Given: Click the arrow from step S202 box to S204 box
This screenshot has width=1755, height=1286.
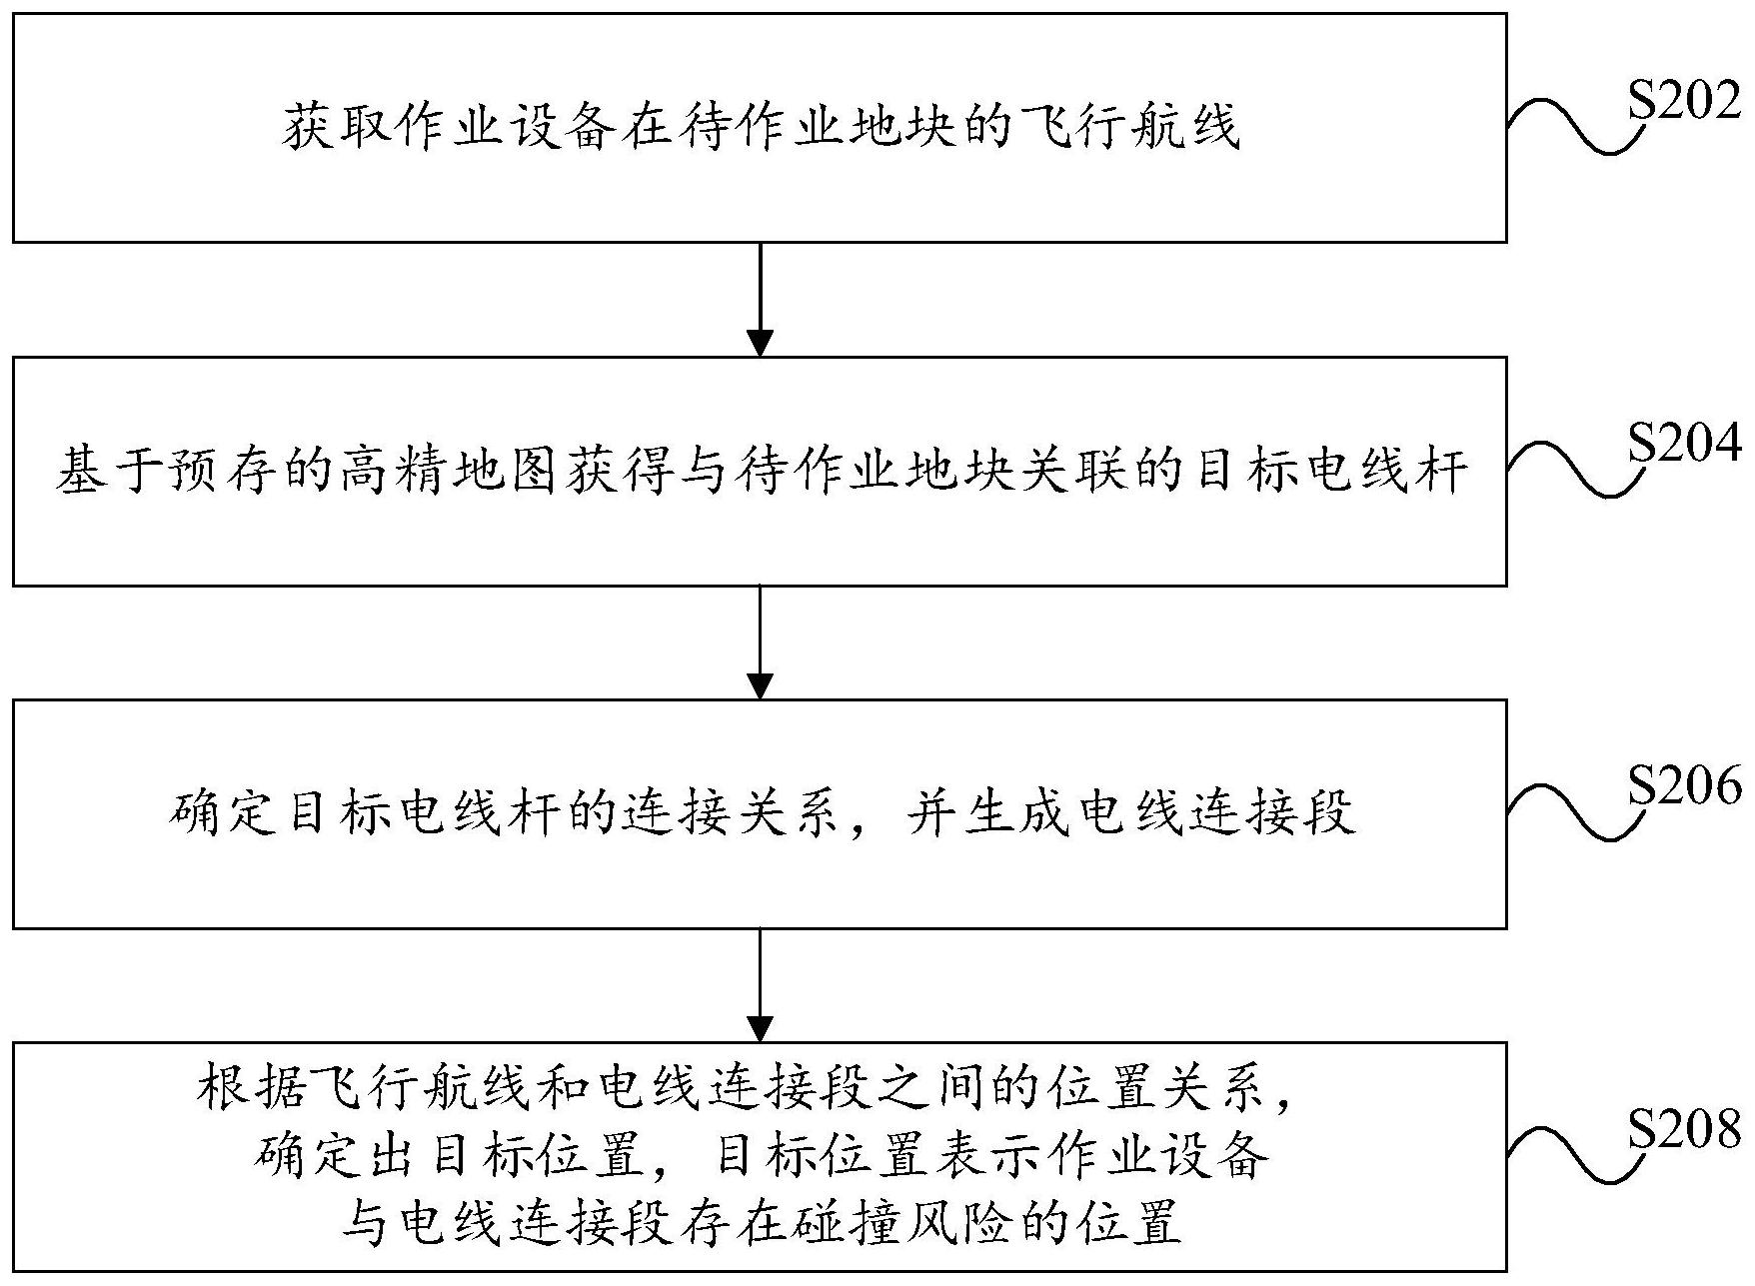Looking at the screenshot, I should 761,299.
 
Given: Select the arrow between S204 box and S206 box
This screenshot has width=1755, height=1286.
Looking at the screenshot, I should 761,642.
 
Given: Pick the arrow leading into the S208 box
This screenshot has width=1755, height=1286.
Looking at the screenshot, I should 761,984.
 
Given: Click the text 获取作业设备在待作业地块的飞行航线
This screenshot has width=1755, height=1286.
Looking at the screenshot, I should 760,128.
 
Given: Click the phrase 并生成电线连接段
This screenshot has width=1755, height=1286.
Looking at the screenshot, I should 1129,813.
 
